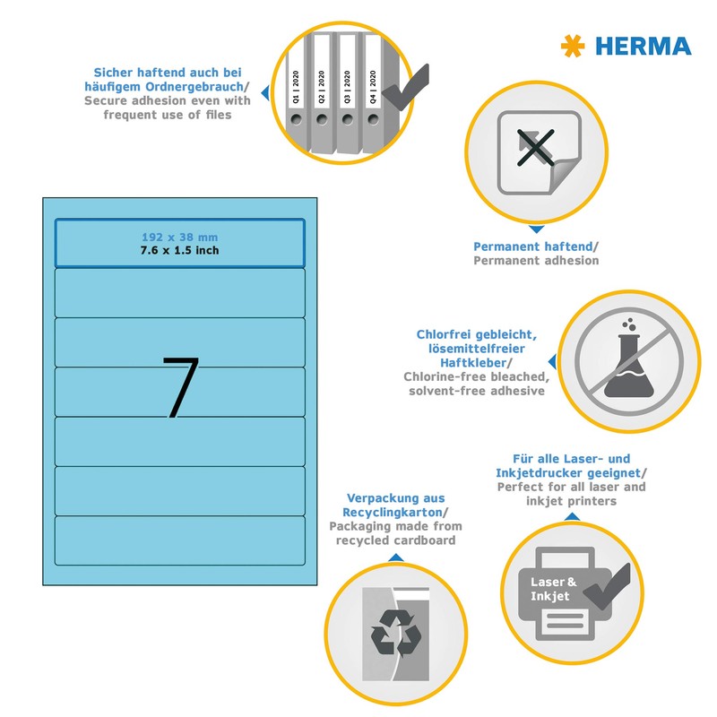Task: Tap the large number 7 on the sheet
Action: [180, 387]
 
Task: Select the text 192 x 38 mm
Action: [179, 237]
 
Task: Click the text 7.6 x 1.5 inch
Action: [179, 250]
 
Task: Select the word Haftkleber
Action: [478, 362]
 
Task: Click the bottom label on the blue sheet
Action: [179, 540]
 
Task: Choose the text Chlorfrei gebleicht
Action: [477, 334]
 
